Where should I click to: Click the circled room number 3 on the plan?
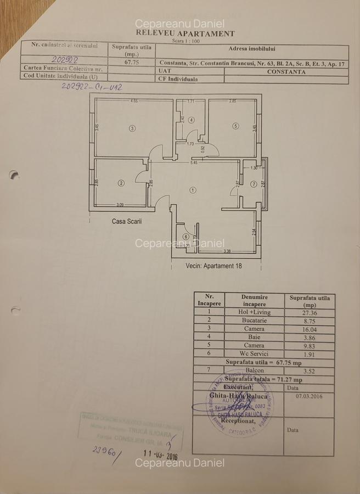coord(132,128)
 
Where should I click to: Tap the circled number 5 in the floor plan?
coord(235,126)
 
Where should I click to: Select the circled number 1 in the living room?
coord(193,190)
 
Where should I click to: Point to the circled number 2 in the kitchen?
coord(121,183)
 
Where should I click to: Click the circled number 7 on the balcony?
coord(254,184)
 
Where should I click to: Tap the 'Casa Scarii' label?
coord(127,221)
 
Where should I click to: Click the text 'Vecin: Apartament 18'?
coord(214,265)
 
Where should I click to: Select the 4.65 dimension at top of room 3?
coord(133,102)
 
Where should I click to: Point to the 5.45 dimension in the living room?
coord(194,163)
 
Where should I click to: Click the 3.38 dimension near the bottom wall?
coord(227,252)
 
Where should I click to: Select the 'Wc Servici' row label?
coord(254,354)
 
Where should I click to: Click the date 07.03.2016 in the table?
coord(310,395)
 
